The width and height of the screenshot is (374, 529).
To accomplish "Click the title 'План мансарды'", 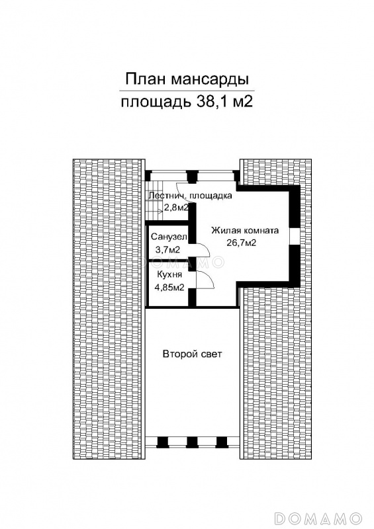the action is click(x=187, y=79).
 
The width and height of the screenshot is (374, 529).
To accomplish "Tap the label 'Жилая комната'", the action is click(x=245, y=231).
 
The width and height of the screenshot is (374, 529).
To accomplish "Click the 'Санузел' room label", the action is click(x=169, y=237).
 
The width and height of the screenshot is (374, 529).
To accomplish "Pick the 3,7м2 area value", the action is click(x=167, y=250).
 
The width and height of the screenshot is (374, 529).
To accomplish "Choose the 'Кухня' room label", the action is click(x=169, y=274).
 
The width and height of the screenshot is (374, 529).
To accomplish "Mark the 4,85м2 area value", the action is click(x=169, y=288).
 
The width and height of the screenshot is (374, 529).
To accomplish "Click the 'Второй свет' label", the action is click(x=192, y=354).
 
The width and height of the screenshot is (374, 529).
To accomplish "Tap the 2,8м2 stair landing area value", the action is click(x=176, y=208).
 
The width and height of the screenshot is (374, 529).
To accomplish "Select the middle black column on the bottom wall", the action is click(x=192, y=442).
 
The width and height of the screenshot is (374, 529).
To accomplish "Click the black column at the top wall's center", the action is click(x=192, y=176).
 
